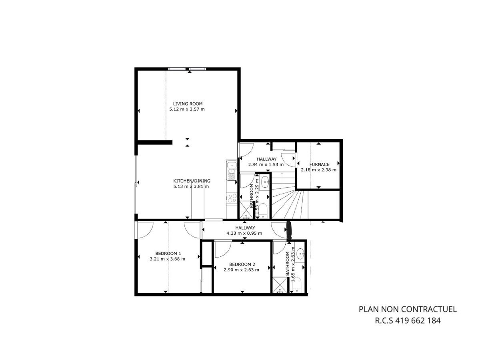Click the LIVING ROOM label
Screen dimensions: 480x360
188,104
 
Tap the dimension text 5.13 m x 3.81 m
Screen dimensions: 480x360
191,186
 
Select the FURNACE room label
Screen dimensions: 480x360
319,164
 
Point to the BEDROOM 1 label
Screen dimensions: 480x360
168,253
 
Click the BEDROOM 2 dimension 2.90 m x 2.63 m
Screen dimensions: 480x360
242,270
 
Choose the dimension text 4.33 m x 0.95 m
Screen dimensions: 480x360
244,233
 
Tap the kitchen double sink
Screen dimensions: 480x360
231,168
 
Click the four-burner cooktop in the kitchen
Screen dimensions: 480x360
232,198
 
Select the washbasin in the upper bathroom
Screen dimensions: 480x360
265,182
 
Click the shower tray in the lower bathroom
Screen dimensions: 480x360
280,285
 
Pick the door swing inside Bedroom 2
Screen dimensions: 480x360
223,249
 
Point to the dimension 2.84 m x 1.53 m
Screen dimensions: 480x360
266,164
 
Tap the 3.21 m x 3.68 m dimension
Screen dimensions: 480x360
167,259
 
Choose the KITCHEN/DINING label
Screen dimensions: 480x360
192,181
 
